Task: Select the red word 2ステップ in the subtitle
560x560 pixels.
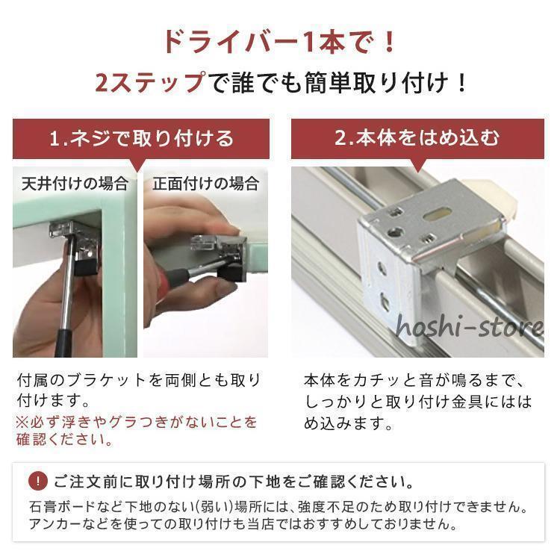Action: coord(149,81)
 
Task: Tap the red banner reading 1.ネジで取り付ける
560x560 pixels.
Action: coord(141,139)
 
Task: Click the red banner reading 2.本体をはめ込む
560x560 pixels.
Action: coord(417,139)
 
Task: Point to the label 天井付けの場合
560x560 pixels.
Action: coord(74,183)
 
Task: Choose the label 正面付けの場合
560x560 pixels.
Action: coord(205,183)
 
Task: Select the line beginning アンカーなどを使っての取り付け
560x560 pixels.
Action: coord(243,524)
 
